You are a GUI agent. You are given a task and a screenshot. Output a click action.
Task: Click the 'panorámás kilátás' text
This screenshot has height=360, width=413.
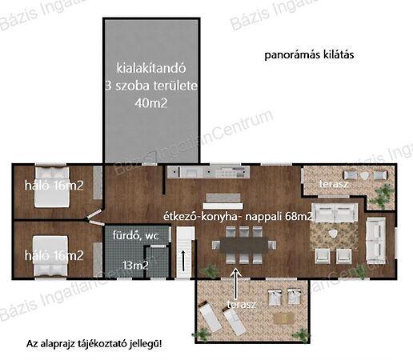coord(309,55)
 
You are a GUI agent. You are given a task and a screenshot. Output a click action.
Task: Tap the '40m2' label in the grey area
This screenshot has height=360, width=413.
coord(151,103)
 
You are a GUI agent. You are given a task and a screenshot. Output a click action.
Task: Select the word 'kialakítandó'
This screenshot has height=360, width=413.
coord(151,68)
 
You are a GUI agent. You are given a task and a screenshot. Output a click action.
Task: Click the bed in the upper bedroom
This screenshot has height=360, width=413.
coord(52,187)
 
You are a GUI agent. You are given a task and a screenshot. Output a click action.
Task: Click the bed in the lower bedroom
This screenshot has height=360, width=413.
coord(50,256)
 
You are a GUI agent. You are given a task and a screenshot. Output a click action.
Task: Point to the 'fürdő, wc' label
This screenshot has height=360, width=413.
coord(135,235)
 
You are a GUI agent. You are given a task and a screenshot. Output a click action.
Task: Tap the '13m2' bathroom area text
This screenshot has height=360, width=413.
coord(135,266)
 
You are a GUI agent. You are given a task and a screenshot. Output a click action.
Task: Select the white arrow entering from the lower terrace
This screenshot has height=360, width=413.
coord(236,284)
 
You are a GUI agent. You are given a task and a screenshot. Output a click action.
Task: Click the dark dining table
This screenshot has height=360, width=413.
coord(244,245)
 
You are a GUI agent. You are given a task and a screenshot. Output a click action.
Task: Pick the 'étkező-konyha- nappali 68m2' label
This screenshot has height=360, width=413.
coord(238,216)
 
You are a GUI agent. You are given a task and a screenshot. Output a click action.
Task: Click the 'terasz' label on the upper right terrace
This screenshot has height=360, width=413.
coord(334,184)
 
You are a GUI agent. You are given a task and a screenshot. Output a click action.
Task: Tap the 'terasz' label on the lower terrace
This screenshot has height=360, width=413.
coord(242,304)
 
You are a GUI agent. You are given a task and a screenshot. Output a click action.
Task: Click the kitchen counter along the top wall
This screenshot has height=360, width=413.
coord(208,172)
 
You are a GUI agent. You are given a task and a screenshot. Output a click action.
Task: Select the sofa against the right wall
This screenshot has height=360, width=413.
coord(376,241)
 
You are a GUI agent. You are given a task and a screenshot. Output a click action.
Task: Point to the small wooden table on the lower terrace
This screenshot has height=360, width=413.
coord(284,318)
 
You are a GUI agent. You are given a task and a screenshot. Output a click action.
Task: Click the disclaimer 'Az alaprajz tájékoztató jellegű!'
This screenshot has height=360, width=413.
coord(94,344)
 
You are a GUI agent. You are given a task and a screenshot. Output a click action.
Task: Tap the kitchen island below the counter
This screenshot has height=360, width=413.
coord(223,202)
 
